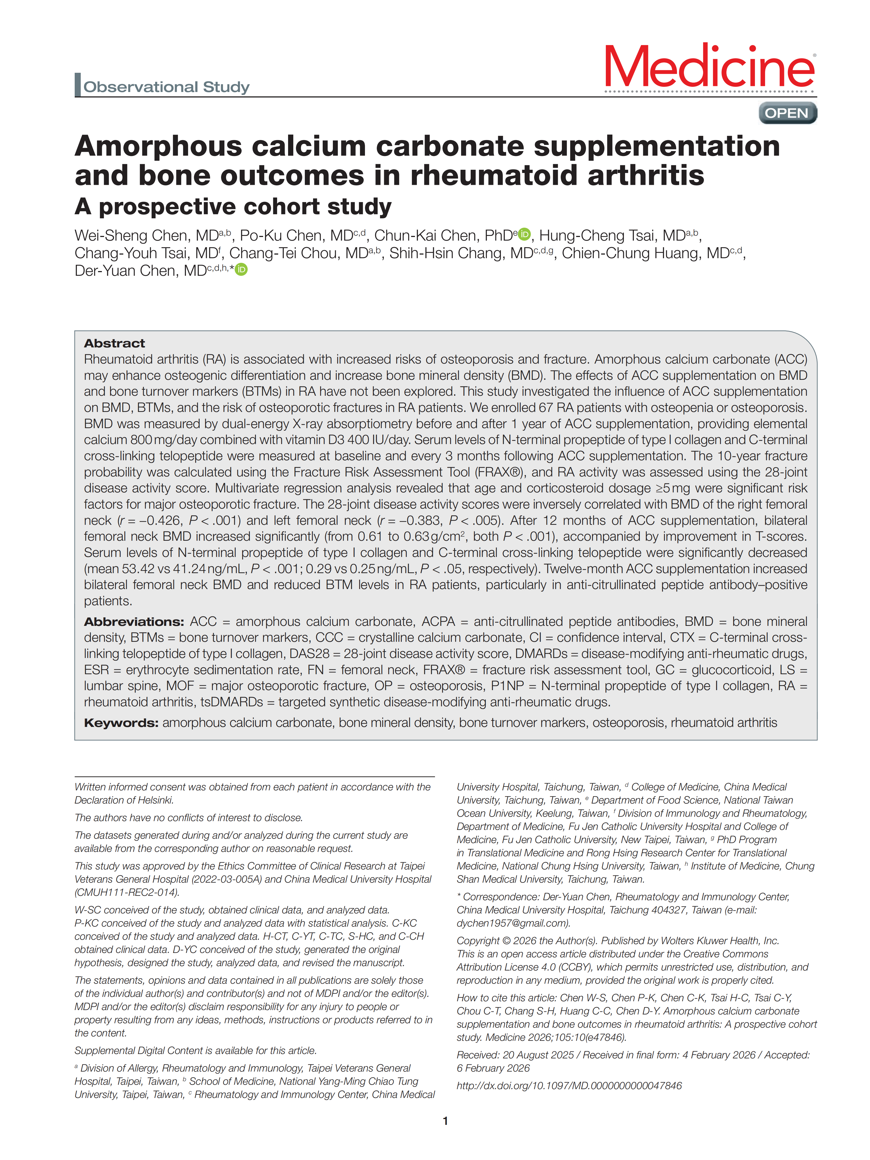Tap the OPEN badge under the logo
(x=787, y=113)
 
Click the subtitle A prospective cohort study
(x=233, y=207)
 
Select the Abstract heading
(x=114, y=344)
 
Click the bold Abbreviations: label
(x=134, y=622)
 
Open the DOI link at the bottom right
(x=569, y=1086)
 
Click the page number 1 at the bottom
(x=445, y=1121)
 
